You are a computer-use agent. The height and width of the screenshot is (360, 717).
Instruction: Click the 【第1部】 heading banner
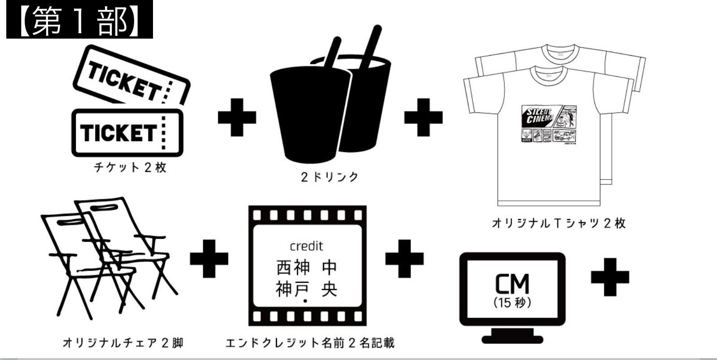click(79, 20)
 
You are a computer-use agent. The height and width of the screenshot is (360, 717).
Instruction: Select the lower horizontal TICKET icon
click(127, 133)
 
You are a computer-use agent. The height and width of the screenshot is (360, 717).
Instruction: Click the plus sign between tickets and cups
click(237, 117)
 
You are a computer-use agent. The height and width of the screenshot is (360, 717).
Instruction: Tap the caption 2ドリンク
click(330, 177)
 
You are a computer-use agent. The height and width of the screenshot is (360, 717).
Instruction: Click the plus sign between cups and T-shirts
click(423, 117)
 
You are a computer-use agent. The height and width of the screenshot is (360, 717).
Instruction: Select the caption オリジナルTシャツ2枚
click(558, 223)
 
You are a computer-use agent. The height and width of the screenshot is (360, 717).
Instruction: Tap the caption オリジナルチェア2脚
click(123, 343)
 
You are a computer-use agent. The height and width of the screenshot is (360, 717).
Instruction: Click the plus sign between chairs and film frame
click(209, 259)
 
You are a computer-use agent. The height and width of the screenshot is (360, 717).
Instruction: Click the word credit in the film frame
click(306, 246)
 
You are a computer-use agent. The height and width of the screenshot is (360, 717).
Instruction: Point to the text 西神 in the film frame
click(293, 268)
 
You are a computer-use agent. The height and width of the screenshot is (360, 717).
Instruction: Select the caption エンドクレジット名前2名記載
click(310, 343)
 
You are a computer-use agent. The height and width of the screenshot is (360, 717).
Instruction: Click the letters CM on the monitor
click(512, 284)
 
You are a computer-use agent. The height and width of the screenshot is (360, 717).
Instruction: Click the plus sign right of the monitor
click(610, 277)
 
